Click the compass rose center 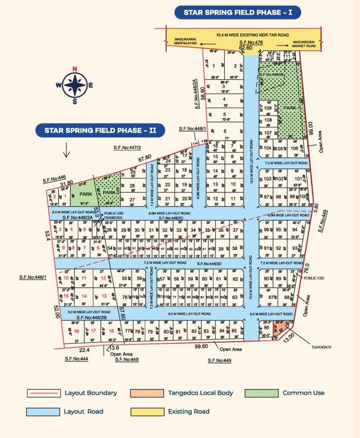[74, 86]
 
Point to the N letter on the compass [74, 68]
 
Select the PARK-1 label [292, 108]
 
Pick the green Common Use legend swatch [261, 393]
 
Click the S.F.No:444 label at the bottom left [76, 359]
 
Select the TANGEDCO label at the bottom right [321, 346]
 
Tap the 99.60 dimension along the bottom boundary [201, 346]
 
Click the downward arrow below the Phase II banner [67, 151]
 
